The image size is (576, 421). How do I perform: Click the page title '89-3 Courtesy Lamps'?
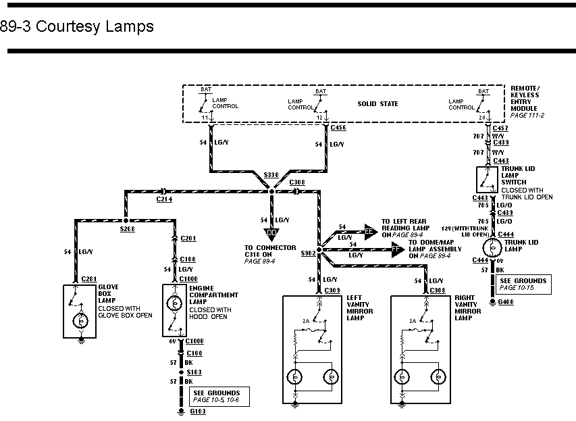point(77,27)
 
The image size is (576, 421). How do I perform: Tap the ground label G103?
point(199,412)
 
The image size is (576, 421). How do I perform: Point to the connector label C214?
point(164,199)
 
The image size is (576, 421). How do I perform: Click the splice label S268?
point(128,229)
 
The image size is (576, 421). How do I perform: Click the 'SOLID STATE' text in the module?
point(377,103)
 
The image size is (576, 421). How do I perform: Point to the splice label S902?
point(308,253)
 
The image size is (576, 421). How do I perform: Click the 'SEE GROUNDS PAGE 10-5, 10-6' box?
point(216,397)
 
